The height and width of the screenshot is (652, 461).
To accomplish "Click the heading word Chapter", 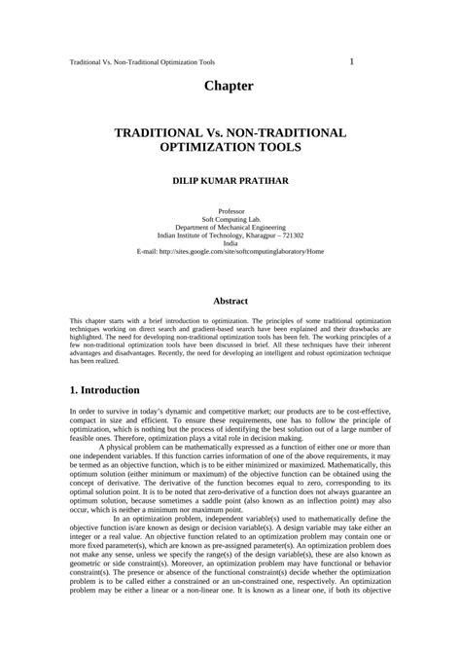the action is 230,87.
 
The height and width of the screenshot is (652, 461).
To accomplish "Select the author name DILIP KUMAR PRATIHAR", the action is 230,181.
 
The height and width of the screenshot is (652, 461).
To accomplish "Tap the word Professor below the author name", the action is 230,210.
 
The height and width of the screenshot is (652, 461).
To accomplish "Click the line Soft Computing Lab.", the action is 230,219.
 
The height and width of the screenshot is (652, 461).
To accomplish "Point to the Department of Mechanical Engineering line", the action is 230,227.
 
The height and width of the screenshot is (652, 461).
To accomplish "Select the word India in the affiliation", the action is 230,243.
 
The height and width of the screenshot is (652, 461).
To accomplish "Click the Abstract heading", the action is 230,302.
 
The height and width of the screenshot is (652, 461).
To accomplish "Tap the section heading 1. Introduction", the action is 105,390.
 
